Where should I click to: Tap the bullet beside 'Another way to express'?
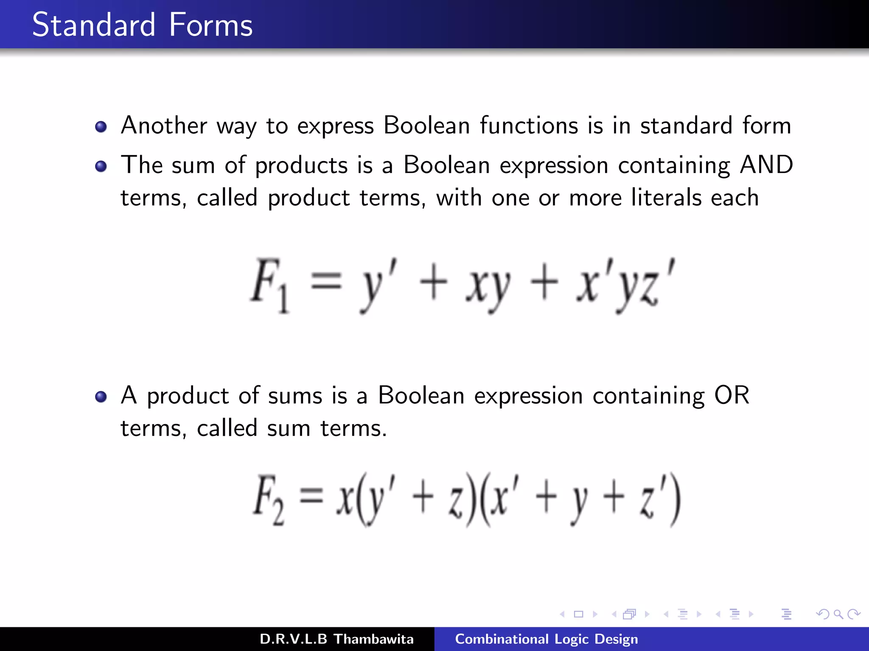[x=101, y=127]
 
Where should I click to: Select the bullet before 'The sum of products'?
[x=101, y=166]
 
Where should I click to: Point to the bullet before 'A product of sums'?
[x=101, y=397]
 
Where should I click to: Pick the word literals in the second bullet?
[x=666, y=198]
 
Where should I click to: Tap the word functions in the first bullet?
[x=529, y=125]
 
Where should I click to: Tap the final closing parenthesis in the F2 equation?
[x=675, y=500]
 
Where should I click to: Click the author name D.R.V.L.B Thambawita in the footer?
[x=336, y=639]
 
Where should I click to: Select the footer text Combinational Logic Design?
[x=546, y=639]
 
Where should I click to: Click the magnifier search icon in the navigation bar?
[x=838, y=614]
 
